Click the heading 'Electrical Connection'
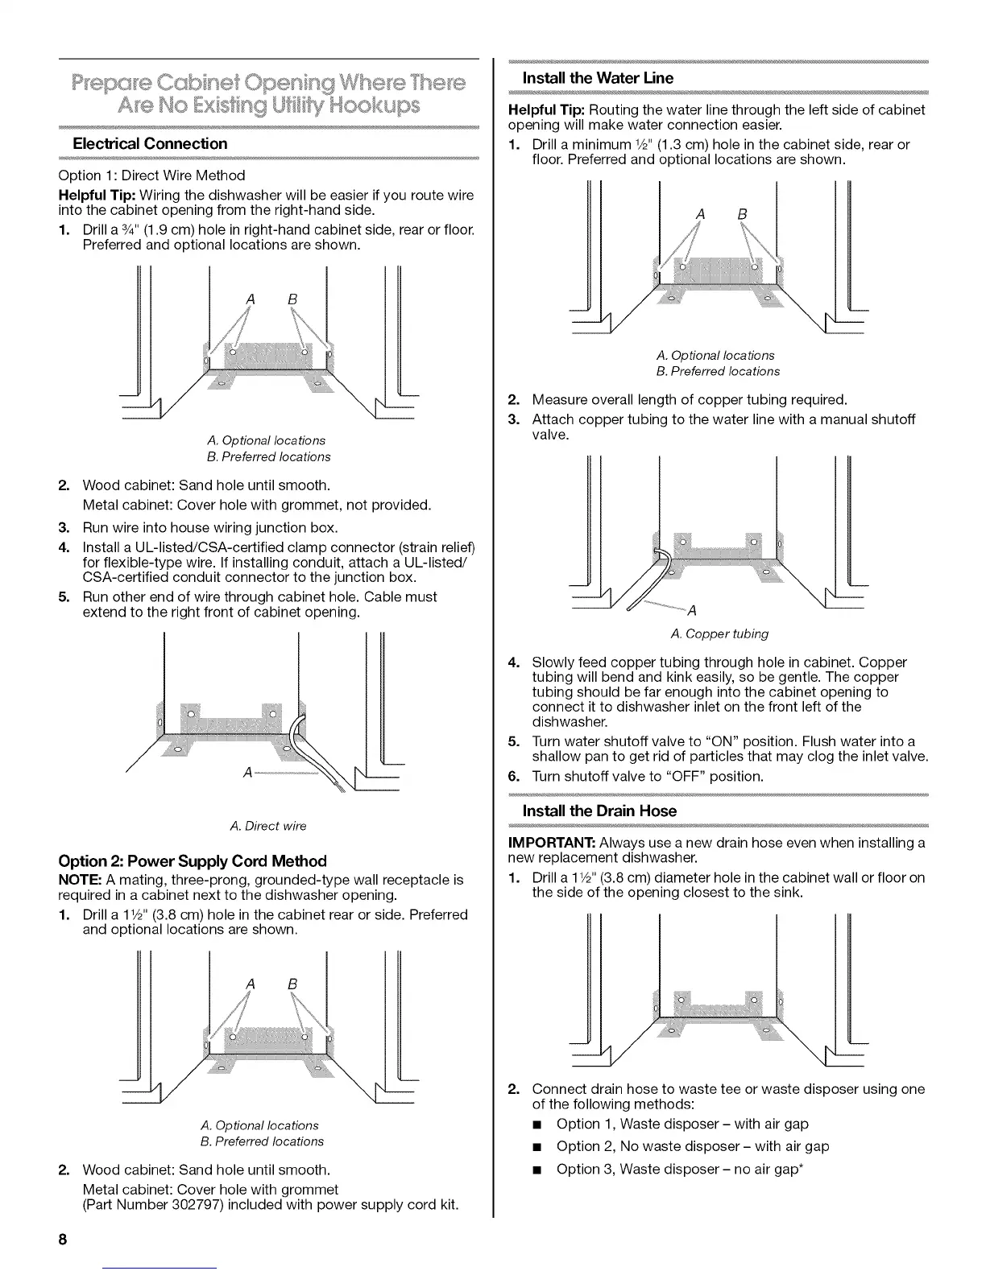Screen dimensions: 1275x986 click(150, 144)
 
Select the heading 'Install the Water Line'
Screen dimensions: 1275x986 click(598, 78)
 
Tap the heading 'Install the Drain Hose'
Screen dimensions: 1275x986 click(599, 811)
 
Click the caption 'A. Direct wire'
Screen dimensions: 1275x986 click(268, 826)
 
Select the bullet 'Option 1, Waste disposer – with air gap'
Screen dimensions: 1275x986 click(682, 1124)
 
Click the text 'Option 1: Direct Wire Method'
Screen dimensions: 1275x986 click(151, 175)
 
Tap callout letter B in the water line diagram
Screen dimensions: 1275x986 click(742, 215)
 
